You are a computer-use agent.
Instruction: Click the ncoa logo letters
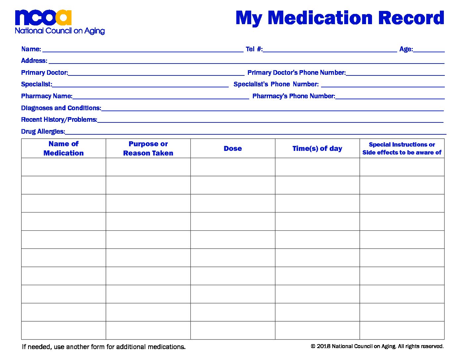tap(43, 18)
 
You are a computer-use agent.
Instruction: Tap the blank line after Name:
tap(143, 50)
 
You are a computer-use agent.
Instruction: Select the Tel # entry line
tap(330, 50)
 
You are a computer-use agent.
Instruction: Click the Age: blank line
tap(429, 50)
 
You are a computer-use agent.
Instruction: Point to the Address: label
tap(34, 61)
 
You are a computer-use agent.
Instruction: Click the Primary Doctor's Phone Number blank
tap(395, 73)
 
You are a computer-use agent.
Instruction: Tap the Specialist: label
tap(36, 84)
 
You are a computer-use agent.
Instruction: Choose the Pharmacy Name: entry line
tap(161, 97)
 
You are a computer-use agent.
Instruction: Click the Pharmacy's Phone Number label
tap(294, 96)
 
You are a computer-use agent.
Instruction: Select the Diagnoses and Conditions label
tap(61, 108)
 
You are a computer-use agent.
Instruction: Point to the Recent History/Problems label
tap(59, 120)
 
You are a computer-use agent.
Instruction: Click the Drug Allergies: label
tap(43, 132)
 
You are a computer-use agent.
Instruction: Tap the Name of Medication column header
tap(64, 149)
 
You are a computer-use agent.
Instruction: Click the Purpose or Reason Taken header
tap(148, 149)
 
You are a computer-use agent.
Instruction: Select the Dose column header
tap(233, 149)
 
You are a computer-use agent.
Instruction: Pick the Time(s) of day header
tap(317, 149)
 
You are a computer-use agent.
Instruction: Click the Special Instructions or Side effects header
tap(402, 149)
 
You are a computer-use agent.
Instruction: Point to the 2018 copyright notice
tap(377, 346)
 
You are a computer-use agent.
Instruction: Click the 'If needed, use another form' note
tap(104, 347)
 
